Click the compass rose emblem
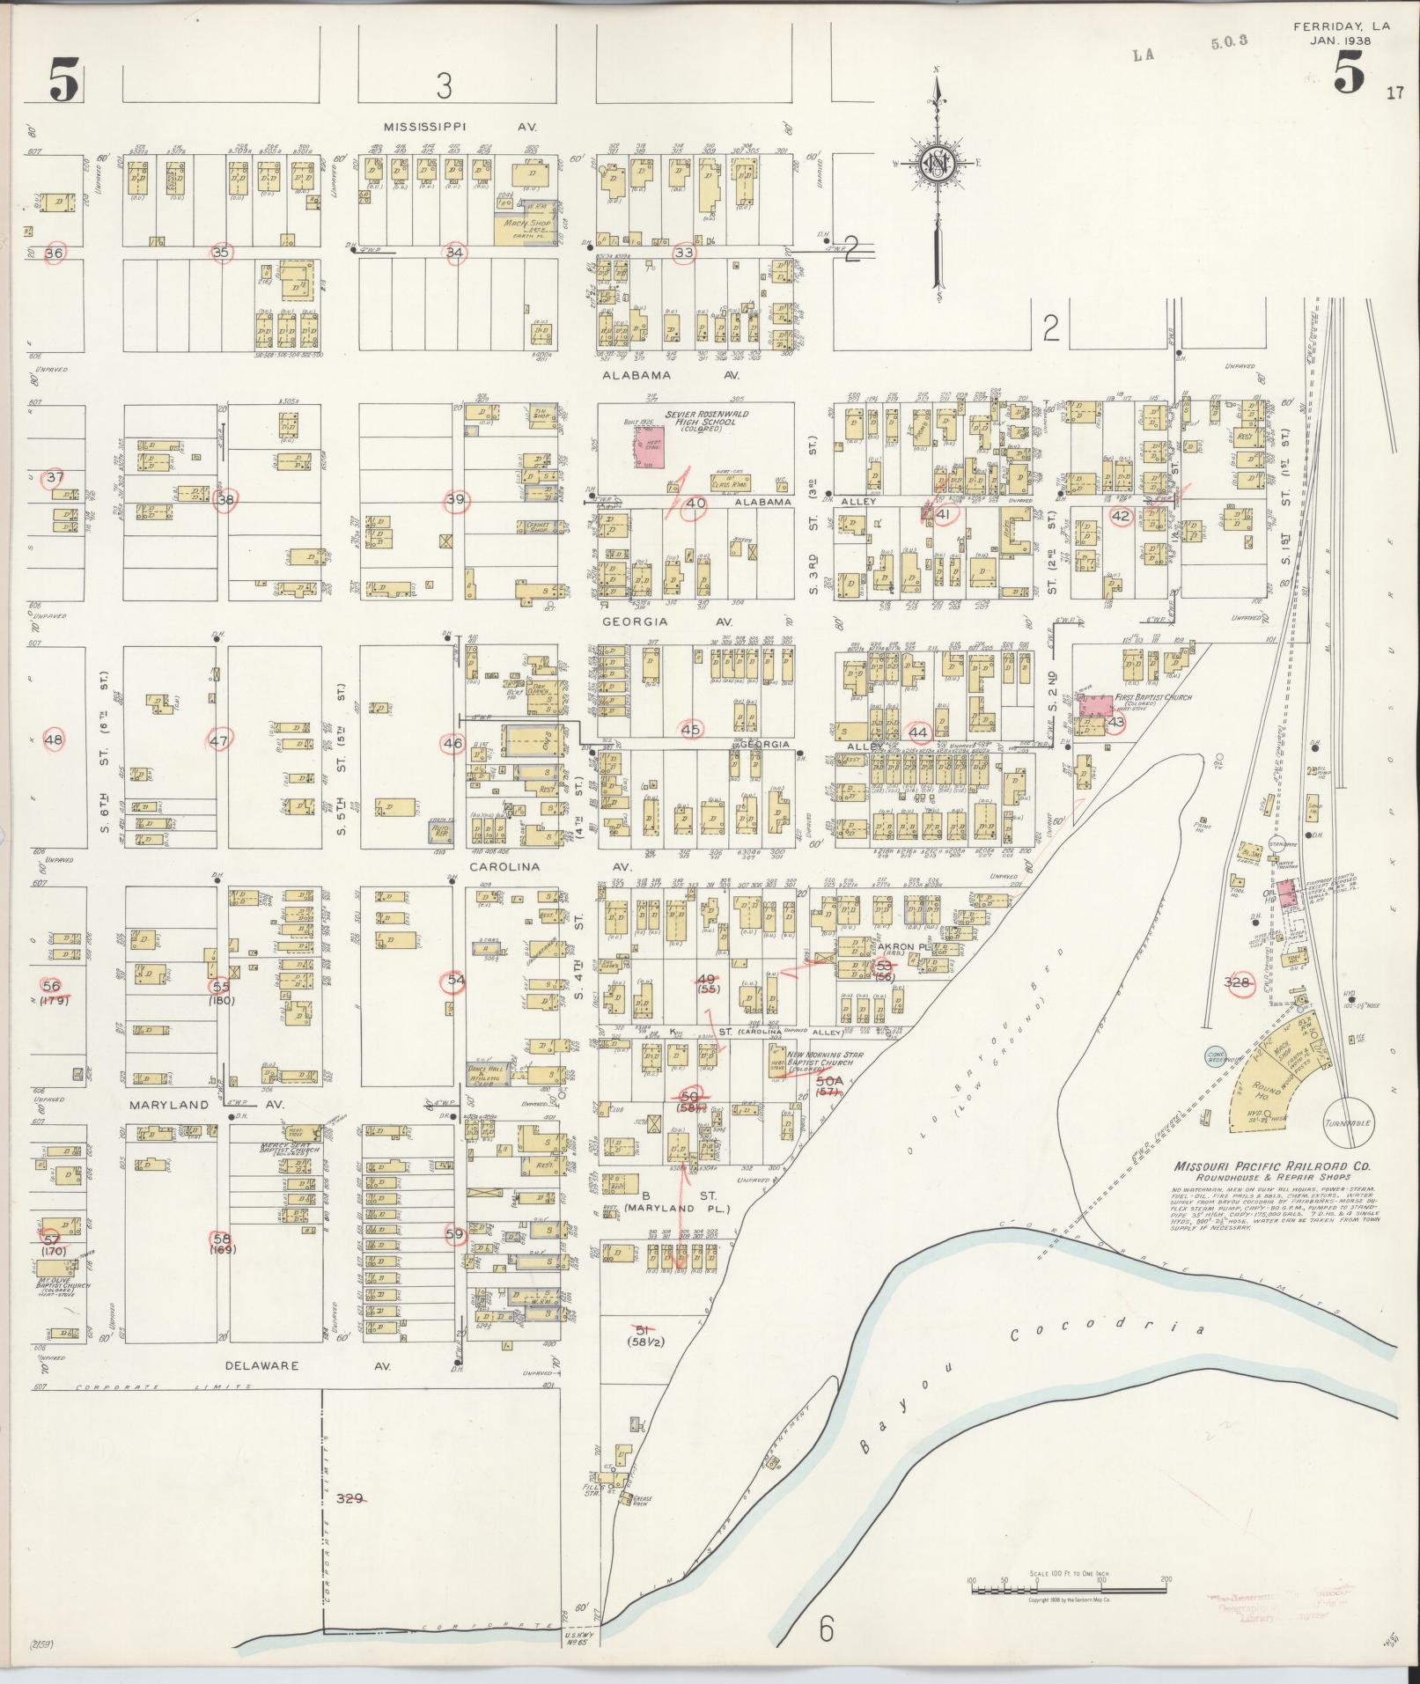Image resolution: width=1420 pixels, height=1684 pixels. pos(936,164)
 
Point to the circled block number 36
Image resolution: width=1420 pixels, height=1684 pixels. pos(55,253)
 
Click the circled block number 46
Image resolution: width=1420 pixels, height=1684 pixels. pos(452,744)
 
